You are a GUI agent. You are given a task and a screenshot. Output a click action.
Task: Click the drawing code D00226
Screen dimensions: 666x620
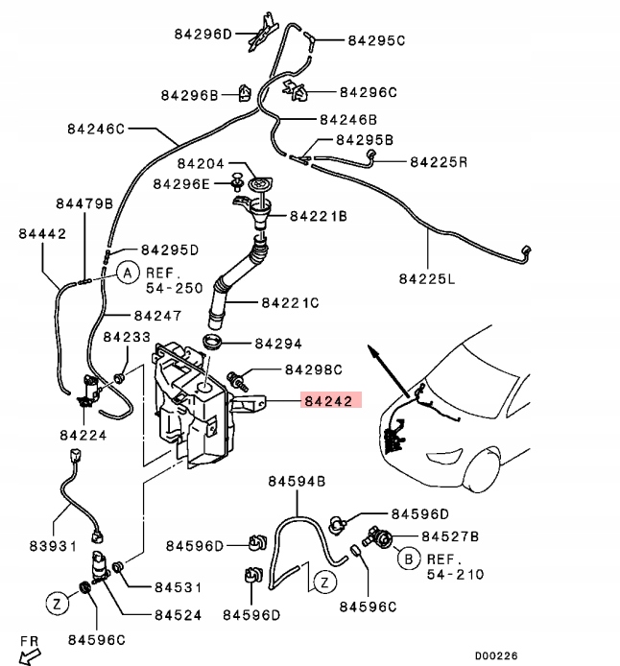(496, 655)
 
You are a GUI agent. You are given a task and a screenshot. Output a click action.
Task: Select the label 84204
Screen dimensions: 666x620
(201, 164)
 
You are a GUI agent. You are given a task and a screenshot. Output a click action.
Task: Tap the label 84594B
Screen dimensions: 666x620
(297, 480)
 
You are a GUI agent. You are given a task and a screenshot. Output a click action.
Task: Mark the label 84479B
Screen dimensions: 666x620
(83, 203)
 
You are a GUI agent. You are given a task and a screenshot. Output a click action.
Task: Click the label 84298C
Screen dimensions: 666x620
(313, 369)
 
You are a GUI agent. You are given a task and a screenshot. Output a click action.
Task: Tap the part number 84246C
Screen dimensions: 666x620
(96, 128)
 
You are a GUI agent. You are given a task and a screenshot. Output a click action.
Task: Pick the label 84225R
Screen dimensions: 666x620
(439, 162)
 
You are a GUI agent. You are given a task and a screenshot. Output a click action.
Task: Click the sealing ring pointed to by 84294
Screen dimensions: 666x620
(212, 344)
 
